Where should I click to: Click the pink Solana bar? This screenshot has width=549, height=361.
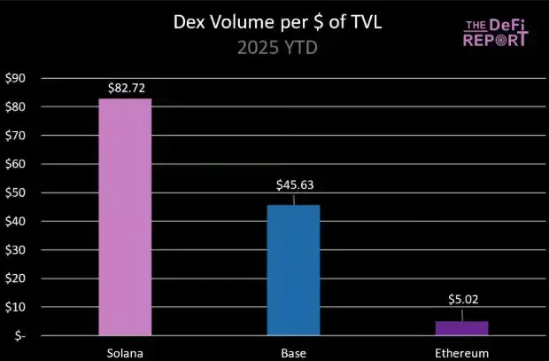[125, 217]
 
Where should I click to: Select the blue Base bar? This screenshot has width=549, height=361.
[293, 271]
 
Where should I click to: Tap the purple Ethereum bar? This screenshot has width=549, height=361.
[461, 328]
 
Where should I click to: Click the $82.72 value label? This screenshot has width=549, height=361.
[125, 87]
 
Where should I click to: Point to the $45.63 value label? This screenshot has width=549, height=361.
[293, 186]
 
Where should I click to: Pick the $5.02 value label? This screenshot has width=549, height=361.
[461, 300]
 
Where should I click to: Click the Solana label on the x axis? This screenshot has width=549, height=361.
[125, 352]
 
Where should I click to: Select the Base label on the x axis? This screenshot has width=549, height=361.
[293, 352]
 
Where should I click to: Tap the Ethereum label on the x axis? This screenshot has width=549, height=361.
[461, 352]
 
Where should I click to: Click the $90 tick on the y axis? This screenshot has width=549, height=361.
[16, 79]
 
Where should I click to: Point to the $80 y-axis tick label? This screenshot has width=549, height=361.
[16, 107]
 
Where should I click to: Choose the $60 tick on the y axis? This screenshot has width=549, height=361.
[16, 164]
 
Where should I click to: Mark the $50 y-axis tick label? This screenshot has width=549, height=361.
[16, 192]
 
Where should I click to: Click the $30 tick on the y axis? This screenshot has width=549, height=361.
[16, 250]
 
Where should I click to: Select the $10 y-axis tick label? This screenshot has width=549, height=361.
[16, 307]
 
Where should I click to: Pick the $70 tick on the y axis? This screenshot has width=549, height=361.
[16, 136]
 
